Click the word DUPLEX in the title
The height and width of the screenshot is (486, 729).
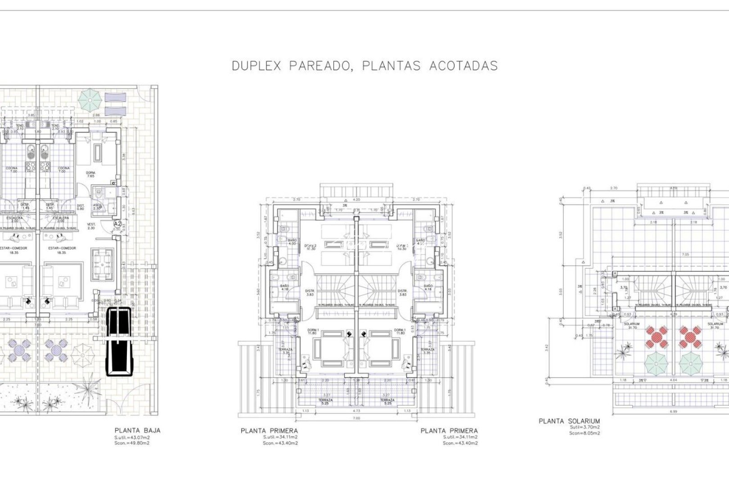click(256, 66)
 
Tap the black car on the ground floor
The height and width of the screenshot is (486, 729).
click(119, 341)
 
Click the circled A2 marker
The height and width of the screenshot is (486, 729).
click(117, 223)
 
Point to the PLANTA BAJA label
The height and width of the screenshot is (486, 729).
click(137, 430)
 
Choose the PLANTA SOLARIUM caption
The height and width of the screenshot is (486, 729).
click(569, 421)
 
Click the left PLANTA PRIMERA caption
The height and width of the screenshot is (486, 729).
click(269, 431)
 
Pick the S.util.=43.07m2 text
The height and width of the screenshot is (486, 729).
click(132, 437)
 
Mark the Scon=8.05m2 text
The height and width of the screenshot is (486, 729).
click(585, 433)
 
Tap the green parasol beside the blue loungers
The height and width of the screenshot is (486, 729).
click(89, 100)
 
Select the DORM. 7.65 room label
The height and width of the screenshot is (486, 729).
click(90, 175)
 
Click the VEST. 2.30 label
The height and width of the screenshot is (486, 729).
click(91, 226)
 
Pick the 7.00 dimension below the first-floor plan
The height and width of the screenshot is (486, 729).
click(356, 418)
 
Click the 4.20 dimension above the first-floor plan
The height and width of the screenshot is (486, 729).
click(356, 199)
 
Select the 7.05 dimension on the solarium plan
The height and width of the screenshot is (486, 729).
click(673, 254)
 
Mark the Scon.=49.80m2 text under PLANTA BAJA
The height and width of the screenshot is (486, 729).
click(132, 443)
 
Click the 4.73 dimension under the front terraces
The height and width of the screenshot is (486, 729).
click(356, 410)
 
